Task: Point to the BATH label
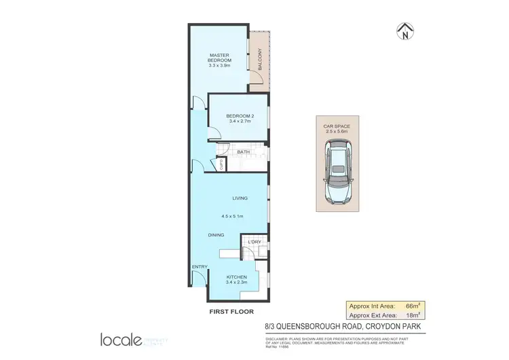[x=243, y=152]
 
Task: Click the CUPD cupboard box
[x=221, y=164]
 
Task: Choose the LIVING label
[x=240, y=198]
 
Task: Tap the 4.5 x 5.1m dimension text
[x=232, y=216]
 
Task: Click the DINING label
[x=216, y=235]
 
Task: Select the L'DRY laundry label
[x=255, y=242]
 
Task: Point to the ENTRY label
[x=200, y=267]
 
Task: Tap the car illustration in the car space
[x=337, y=173]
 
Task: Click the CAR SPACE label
[x=337, y=126]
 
